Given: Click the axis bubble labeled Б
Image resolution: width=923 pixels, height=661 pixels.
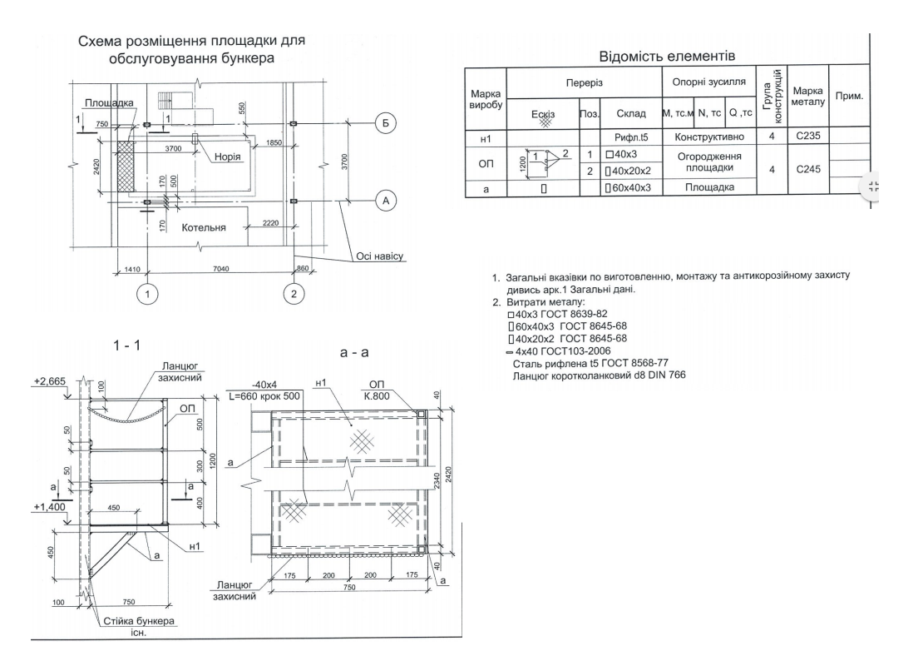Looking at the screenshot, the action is tap(386, 123).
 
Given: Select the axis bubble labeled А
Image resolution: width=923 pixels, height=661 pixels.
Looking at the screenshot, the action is tap(386, 201).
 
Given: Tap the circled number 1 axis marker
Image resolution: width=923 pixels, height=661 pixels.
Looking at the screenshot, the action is tap(147, 294).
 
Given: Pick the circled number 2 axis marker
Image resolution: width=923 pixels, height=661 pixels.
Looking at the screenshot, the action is tap(294, 294).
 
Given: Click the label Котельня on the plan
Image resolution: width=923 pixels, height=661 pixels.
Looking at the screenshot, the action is tap(204, 227).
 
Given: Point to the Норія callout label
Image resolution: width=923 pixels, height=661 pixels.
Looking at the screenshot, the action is tap(227, 157).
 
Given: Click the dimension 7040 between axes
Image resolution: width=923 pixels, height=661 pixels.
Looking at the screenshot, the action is tap(220, 269).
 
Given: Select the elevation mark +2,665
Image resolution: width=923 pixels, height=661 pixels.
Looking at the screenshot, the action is tap(50, 381).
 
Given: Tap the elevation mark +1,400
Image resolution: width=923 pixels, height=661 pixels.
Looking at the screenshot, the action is tap(49, 507).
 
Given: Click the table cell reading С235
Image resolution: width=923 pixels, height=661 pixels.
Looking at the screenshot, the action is tap(808, 136).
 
